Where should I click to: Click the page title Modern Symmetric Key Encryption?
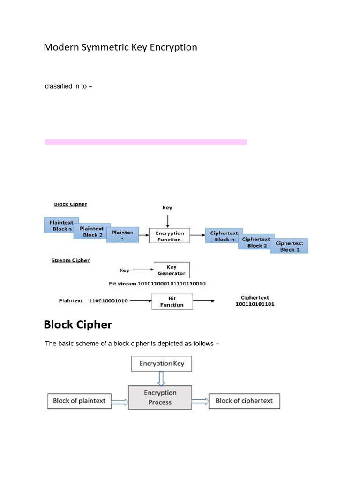point(120,47)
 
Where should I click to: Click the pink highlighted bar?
point(146,142)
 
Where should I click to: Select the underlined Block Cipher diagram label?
point(70,204)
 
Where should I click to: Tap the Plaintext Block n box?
point(61,225)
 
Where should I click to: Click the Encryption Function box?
point(169,236)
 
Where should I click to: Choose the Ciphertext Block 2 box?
point(256,242)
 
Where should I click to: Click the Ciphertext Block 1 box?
point(289,246)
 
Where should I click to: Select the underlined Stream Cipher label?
point(70,260)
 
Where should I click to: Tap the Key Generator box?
point(172,270)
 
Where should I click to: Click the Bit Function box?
point(172,301)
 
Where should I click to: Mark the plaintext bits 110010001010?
point(108,301)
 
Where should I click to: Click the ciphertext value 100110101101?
point(255,304)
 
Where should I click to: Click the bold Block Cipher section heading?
point(78,324)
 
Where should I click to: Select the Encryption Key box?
point(162,363)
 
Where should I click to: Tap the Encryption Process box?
point(160,397)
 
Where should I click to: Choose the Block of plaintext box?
point(79,401)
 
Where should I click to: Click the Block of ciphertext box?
point(244,401)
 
